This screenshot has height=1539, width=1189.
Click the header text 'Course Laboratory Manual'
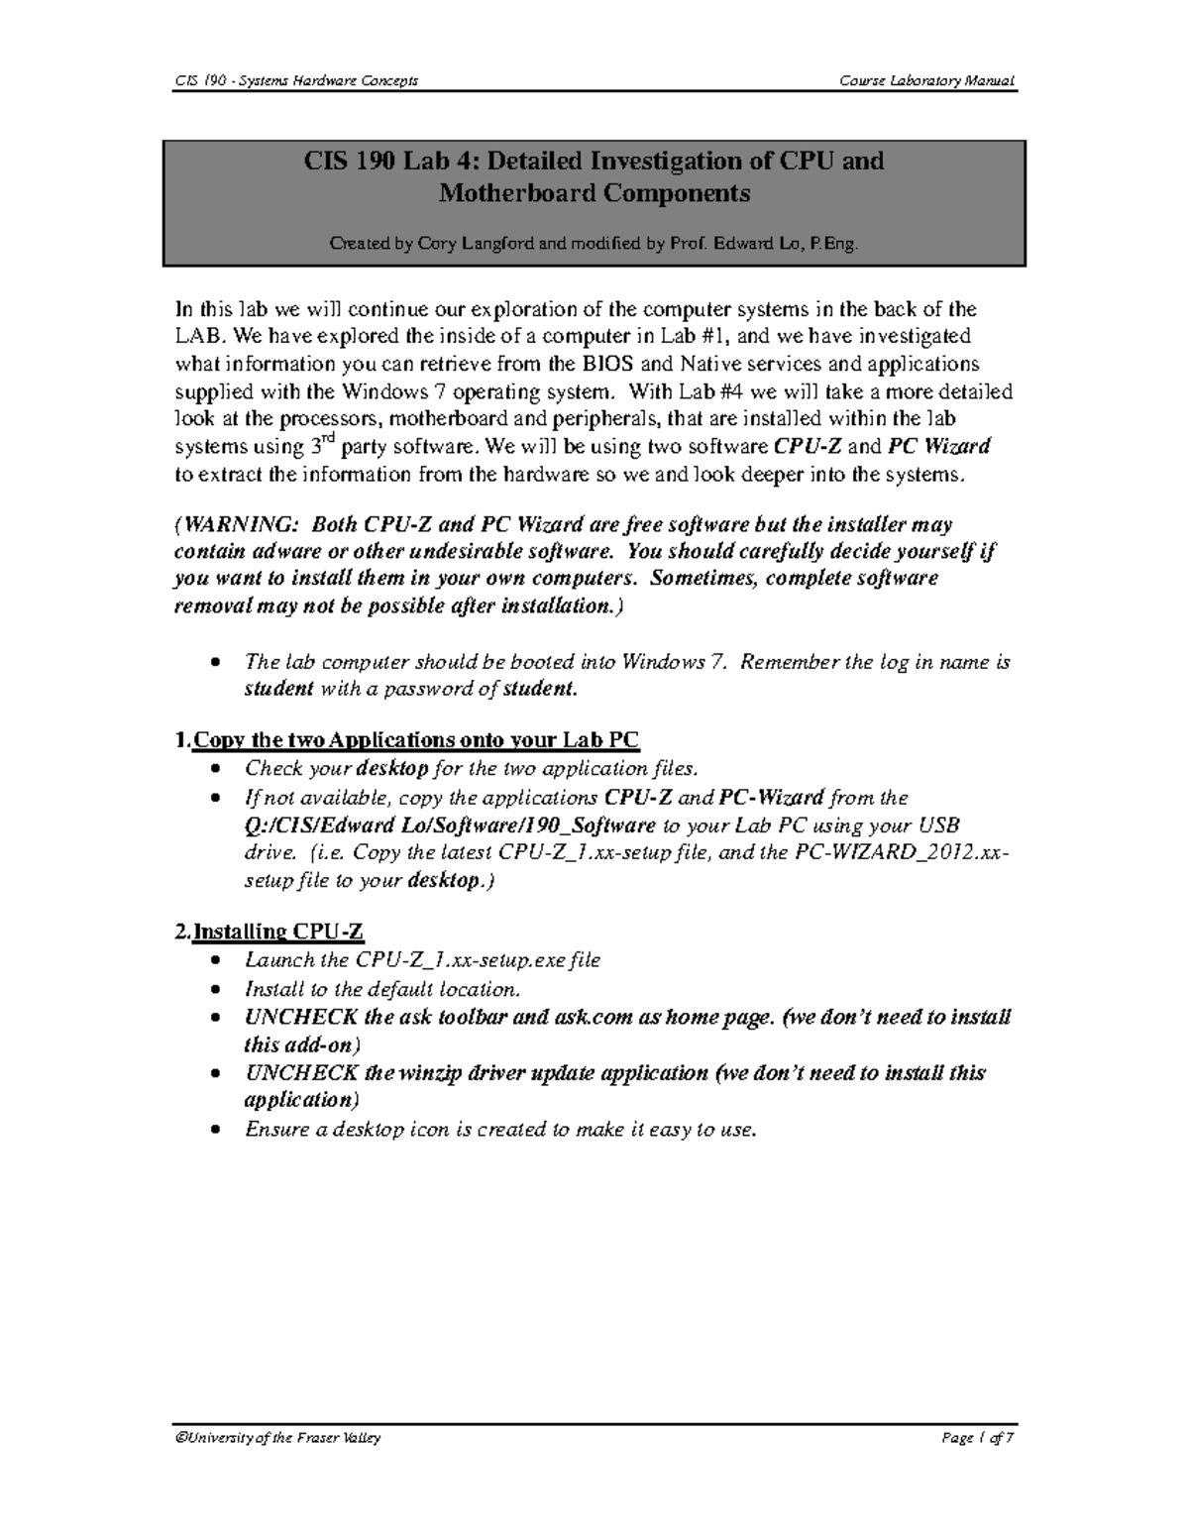point(926,80)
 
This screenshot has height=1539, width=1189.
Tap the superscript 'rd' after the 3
point(327,439)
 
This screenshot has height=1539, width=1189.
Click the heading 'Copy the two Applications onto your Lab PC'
point(416,740)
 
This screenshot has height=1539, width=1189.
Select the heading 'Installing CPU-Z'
point(278,932)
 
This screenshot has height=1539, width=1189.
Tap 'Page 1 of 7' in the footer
point(978,1438)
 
